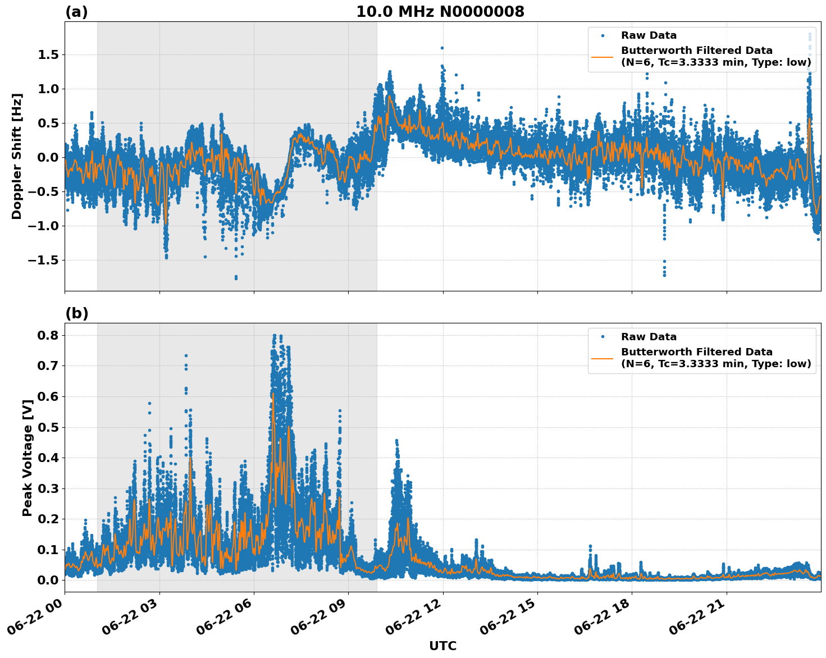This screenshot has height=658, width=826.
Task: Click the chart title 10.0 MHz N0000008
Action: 440,12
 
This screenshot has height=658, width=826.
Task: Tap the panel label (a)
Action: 76,12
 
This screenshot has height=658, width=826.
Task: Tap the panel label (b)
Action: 76,313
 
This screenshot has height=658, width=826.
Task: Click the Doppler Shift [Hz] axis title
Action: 17,156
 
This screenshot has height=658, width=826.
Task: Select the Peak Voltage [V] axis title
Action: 27,458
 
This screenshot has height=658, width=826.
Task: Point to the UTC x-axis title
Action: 442,646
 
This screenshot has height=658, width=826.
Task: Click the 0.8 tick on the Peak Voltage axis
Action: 49,335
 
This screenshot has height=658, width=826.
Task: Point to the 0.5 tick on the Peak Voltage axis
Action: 49,427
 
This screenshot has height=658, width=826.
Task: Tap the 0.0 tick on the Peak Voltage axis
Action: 49,580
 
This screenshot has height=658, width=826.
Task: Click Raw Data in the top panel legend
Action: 649,36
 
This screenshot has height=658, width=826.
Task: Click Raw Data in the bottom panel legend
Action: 649,337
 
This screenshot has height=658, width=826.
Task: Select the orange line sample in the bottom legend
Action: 603,358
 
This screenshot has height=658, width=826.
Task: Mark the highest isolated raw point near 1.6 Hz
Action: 442,48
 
